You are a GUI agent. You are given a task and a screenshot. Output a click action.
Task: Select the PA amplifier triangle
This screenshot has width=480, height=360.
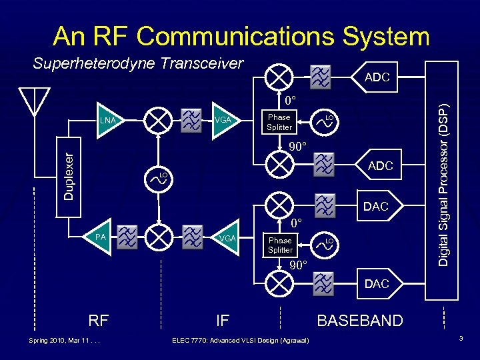(103, 236)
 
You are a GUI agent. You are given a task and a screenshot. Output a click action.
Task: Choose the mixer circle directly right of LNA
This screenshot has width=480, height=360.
(158, 120)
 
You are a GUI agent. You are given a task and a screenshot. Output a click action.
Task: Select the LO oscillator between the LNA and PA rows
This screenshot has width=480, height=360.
(159, 178)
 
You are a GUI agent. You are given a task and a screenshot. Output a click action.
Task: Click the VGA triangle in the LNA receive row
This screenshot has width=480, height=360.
(223, 120)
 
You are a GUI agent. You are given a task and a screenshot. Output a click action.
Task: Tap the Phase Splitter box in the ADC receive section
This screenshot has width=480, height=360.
(279, 122)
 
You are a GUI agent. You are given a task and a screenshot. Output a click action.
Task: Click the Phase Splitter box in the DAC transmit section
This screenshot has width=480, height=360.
(280, 245)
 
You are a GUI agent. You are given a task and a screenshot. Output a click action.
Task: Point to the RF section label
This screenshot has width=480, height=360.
(99, 321)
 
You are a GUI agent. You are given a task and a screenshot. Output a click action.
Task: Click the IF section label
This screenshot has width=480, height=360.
(223, 321)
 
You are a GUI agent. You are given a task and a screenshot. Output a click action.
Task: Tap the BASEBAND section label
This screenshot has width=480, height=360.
(360, 321)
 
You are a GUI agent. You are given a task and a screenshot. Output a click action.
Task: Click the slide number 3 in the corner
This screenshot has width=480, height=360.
(461, 340)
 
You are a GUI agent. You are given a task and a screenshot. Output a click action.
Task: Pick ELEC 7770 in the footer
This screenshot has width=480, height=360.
(191, 341)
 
